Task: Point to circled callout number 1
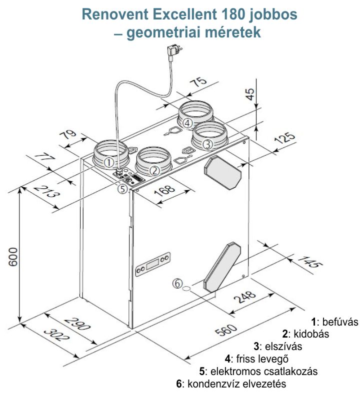coord(109,162)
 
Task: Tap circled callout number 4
coord(187,122)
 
